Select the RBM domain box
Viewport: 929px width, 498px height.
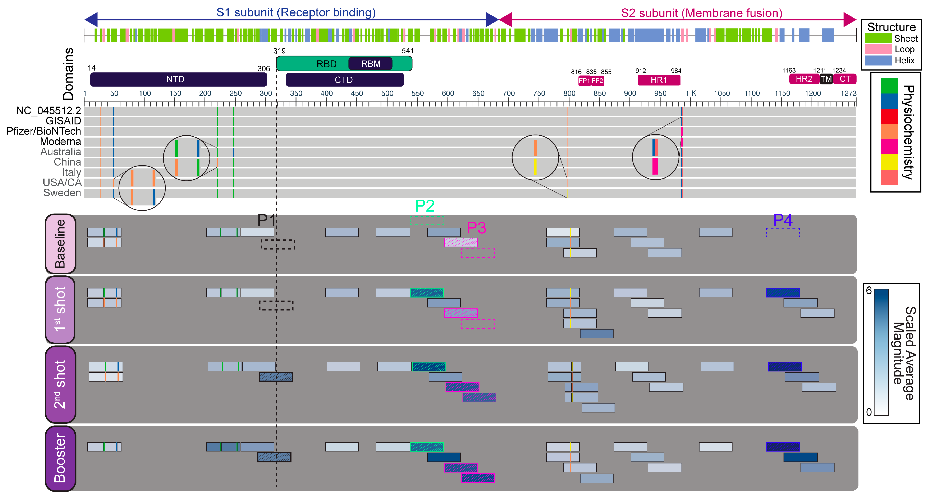[370, 64]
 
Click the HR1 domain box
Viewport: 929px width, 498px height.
[659, 80]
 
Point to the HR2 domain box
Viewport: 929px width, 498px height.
[804, 79]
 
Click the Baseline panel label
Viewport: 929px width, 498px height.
[60, 244]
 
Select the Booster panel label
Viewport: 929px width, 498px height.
[60, 458]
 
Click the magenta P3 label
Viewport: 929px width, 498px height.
[476, 228]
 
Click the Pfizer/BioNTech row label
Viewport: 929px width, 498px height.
[44, 131]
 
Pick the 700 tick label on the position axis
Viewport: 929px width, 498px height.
[508, 93]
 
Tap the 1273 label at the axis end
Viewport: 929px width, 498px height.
[848, 93]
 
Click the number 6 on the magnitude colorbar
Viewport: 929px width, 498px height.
[869, 291]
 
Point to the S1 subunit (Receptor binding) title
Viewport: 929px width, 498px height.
[296, 13]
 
